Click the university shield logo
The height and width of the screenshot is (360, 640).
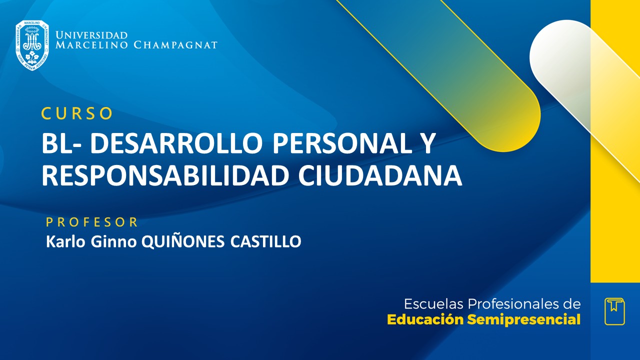click(x=32, y=45)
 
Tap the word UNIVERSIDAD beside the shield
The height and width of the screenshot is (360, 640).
click(x=91, y=35)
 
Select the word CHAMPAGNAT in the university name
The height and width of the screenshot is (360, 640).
click(x=176, y=45)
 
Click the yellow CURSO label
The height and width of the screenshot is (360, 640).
click(x=77, y=114)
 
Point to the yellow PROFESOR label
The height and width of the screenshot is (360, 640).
click(x=92, y=222)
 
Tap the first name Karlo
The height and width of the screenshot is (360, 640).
click(x=63, y=242)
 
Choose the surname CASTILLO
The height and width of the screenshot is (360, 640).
click(x=266, y=242)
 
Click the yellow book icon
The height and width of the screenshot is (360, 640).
click(x=614, y=311)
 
